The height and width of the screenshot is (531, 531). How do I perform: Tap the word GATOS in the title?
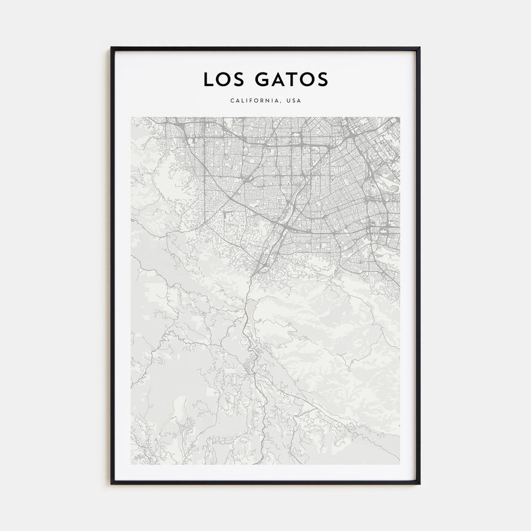tap(290, 80)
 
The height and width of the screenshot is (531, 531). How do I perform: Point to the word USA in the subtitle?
tap(293, 101)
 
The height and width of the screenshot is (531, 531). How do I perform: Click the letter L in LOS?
tap(208, 80)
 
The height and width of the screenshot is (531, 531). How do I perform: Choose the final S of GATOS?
tap(323, 80)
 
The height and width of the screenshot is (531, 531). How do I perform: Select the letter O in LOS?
tap(223, 80)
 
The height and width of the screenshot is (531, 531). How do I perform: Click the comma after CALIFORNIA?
tap(282, 103)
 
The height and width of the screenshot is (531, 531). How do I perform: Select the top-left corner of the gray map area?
tap(132, 117)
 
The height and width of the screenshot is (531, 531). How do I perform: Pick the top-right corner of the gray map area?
tap(399, 117)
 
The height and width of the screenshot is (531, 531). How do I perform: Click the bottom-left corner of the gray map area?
tap(132, 464)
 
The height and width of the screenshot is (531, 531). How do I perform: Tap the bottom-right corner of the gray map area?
tap(399, 464)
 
